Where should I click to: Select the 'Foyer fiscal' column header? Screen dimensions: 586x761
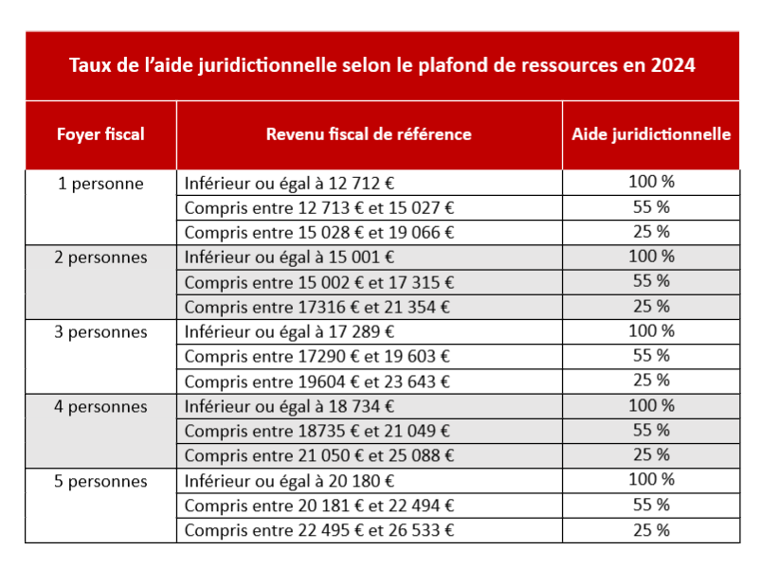pos(100,134)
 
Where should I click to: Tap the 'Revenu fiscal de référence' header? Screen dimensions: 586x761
pos(369,134)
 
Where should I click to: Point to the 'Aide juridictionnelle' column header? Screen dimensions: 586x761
pos(651,134)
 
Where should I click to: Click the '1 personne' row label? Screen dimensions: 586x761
pos(100,184)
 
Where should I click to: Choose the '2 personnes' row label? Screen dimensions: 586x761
pos(100,257)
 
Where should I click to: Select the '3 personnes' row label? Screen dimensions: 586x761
pos(100,332)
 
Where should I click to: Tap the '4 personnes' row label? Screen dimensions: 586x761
pos(100,407)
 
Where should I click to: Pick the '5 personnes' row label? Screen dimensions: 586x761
pos(100,482)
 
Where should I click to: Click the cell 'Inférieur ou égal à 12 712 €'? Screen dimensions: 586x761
pos(288,184)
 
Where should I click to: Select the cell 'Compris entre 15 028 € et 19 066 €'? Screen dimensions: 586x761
pos(319,233)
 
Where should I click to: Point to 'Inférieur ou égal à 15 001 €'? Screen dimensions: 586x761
pos(289,257)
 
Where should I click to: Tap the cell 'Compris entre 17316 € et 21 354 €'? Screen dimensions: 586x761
pos(317,307)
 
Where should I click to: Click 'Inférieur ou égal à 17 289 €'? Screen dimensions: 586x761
pos(289,332)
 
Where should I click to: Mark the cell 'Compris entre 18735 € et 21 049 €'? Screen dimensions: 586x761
pos(317,432)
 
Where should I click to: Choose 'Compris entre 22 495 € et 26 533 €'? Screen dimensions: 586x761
pos(319,530)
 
